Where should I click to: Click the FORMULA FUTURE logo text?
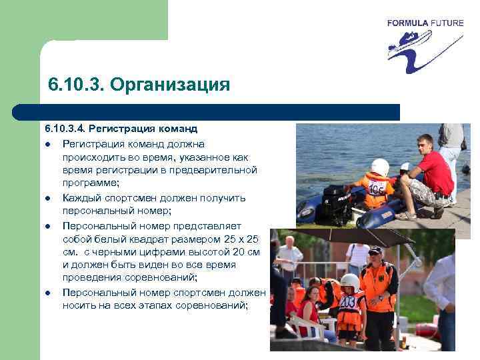coord(425,23)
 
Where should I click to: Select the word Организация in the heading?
coord(169,86)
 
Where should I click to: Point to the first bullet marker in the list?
coord(48,143)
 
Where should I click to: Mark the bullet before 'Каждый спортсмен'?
coord(48,198)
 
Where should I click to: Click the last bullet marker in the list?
coord(48,293)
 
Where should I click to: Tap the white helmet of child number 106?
coord(380,167)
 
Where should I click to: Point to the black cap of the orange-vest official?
coord(376,251)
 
